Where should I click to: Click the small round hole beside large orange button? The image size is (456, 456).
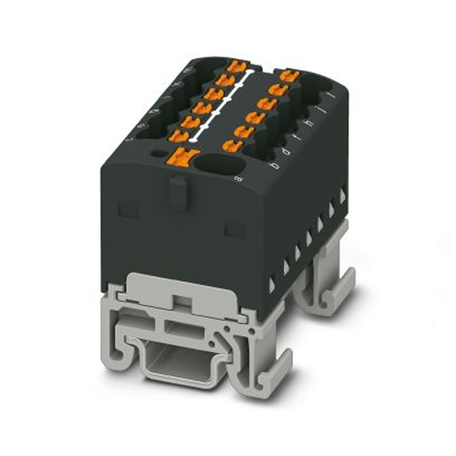(158, 153)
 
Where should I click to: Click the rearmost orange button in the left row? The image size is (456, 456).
(236, 67)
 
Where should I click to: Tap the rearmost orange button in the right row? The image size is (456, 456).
(290, 75)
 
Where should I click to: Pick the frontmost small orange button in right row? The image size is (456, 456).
(233, 145)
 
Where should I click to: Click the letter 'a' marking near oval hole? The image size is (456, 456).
(237, 180)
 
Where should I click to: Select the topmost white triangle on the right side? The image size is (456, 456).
(342, 195)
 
